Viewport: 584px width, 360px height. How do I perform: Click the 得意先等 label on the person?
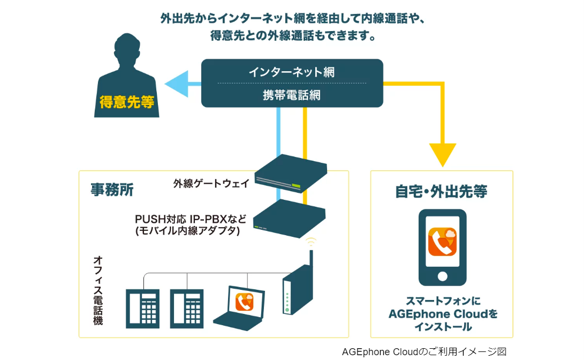(126, 102)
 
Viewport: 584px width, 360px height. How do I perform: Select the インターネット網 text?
(292, 72)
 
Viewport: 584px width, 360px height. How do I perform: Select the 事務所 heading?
(112, 190)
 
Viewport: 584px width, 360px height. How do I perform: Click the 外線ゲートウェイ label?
(211, 183)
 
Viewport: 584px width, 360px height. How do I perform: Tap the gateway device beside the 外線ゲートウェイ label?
(291, 172)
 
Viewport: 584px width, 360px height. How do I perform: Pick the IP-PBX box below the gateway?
(289, 218)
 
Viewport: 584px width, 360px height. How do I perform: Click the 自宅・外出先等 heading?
(442, 191)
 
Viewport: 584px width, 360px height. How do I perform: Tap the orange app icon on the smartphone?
(442, 241)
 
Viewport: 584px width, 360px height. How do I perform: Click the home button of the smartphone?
(442, 276)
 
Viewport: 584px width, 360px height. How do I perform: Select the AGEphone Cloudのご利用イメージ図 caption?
(424, 352)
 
